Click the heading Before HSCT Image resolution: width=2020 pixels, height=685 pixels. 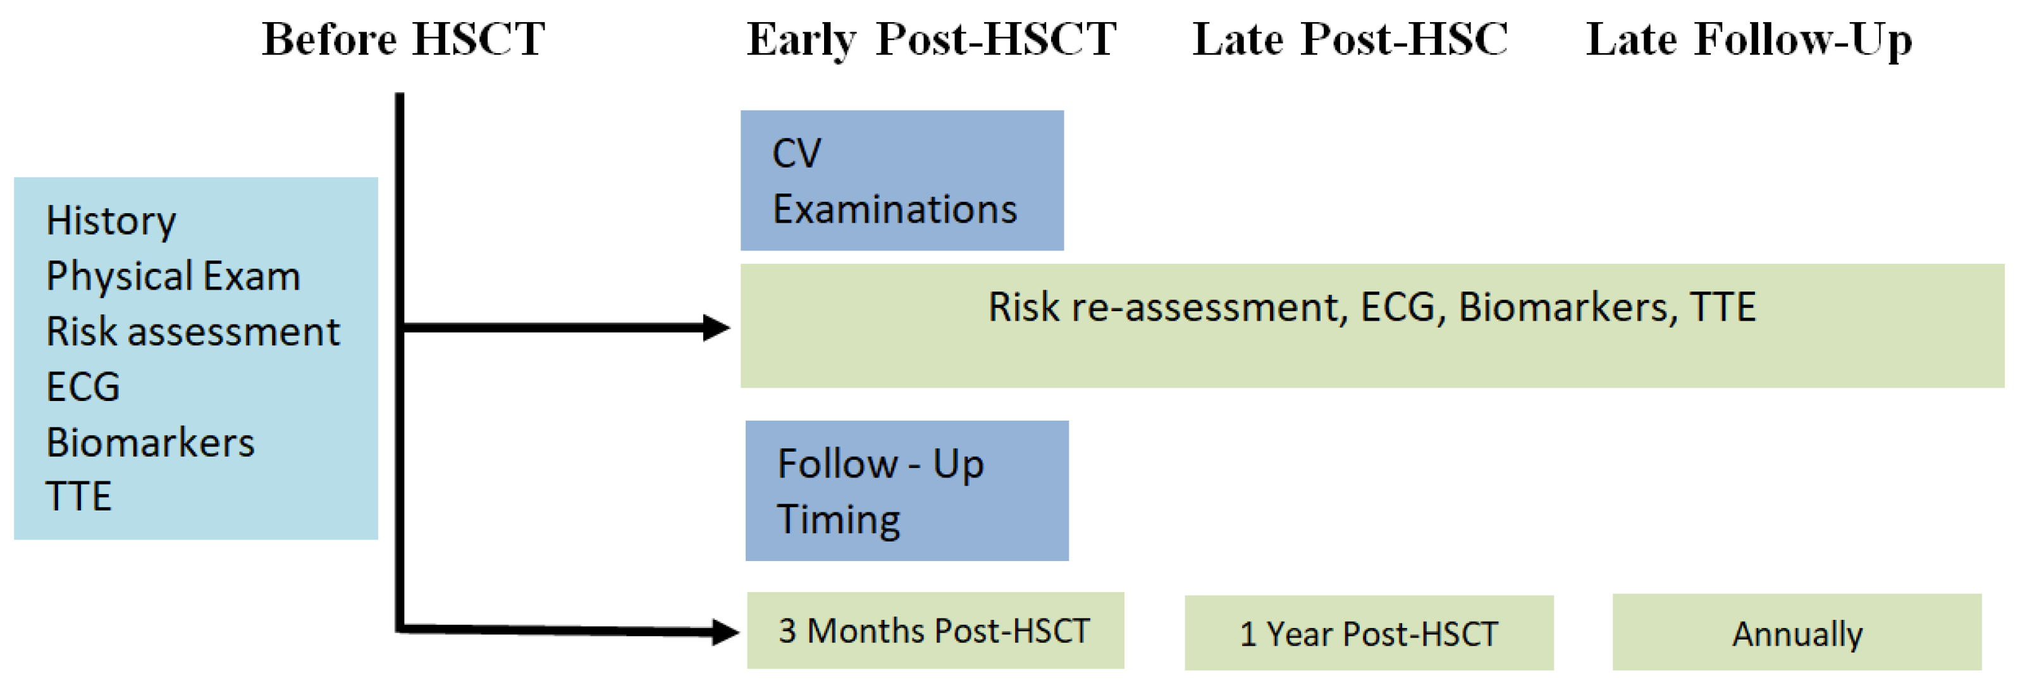pos(403,39)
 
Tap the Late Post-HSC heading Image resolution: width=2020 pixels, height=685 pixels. pos(1350,39)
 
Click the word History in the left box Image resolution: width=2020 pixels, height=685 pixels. pos(111,221)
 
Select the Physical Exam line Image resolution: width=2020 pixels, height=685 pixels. pos(173,276)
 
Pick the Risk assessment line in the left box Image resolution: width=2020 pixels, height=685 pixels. pos(193,331)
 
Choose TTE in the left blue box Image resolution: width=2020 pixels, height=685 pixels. pos(78,497)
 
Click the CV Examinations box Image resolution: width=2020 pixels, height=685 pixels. pos(902,180)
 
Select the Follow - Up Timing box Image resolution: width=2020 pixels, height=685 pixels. pos(906,490)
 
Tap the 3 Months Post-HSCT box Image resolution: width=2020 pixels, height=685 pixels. pos(935,630)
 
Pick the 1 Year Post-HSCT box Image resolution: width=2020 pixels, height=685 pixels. pos(1369,633)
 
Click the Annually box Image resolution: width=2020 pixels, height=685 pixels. pos(1797,632)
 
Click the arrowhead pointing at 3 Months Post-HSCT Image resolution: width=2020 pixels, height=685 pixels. pos(725,632)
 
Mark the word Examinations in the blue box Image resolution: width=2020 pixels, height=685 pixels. pos(895,210)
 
